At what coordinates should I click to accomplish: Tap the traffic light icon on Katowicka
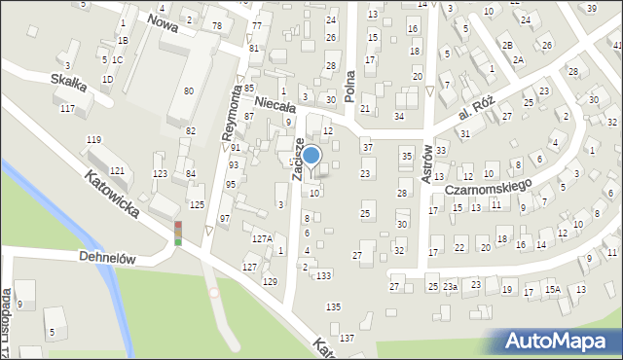178,233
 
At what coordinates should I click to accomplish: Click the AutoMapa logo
557,341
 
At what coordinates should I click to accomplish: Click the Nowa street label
163,22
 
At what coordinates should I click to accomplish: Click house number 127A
261,238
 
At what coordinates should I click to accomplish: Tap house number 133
323,275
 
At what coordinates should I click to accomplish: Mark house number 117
66,108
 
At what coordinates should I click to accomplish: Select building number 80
188,90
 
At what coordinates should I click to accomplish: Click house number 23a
450,287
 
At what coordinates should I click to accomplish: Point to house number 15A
552,289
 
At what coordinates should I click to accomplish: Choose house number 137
347,337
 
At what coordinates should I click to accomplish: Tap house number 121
117,171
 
